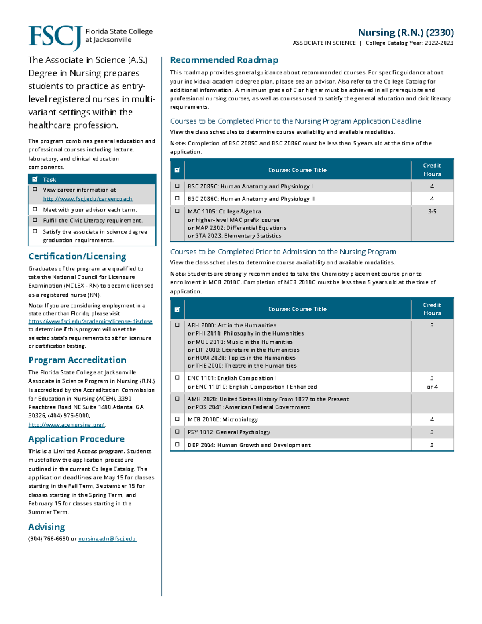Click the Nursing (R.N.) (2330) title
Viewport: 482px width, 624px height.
coord(406,32)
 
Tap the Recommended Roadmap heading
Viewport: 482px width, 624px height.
coord(224,60)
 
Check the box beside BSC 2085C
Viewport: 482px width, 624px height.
coord(177,186)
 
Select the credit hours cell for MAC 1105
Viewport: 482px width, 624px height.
coord(432,211)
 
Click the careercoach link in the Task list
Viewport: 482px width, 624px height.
coord(88,199)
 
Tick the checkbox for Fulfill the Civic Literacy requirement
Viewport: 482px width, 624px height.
coord(35,220)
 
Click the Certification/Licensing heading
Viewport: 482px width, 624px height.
coord(77,256)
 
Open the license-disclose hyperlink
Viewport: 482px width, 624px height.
coord(90,321)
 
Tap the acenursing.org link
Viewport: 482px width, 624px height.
coord(67,425)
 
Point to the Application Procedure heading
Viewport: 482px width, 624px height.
coord(76,439)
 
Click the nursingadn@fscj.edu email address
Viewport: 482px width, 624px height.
coord(107,539)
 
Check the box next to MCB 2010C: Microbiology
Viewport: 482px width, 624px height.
coord(177,419)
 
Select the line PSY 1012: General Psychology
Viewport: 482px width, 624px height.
coord(229,432)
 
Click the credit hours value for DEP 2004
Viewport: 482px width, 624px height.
coord(432,445)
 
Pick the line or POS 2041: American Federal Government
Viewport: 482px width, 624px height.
coord(249,407)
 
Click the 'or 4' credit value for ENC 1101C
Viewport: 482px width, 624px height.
coord(432,387)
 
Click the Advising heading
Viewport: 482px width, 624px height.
coord(47,527)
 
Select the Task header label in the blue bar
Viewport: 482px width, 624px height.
coord(49,180)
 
